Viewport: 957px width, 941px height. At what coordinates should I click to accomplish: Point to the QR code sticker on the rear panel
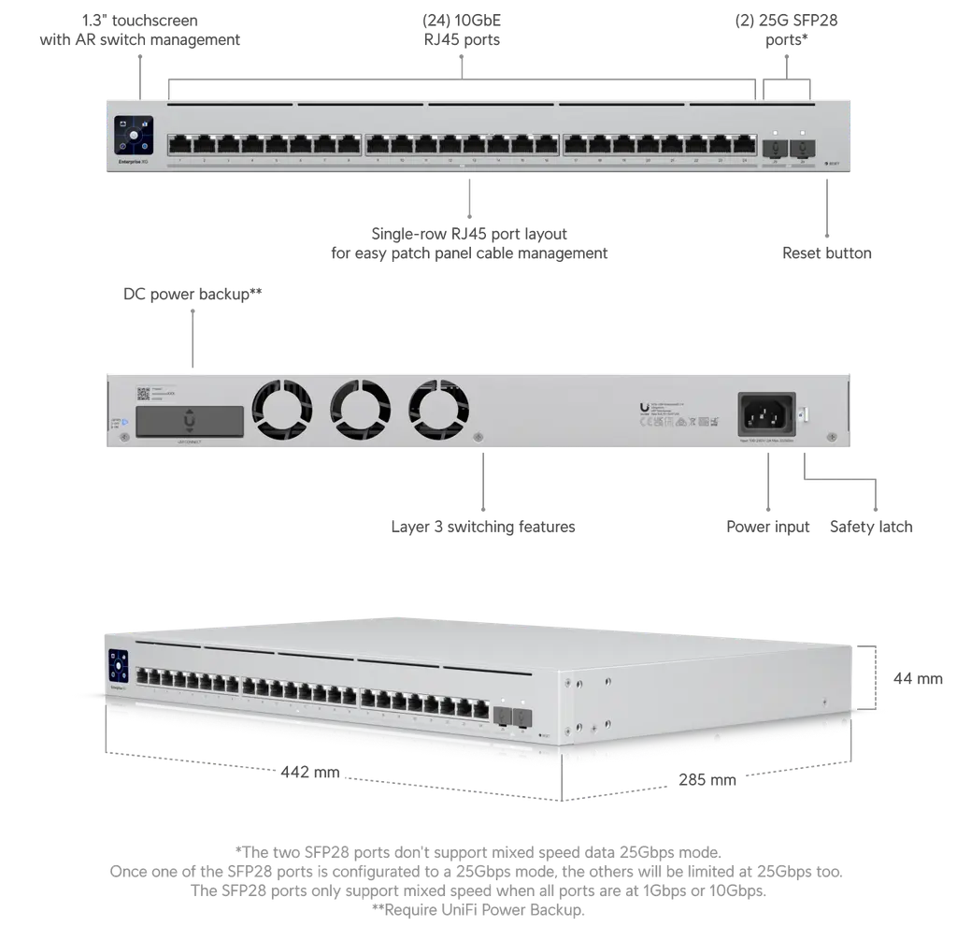(x=144, y=394)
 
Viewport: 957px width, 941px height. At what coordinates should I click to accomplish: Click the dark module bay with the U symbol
(x=190, y=421)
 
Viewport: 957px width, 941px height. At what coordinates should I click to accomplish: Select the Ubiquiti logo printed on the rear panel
(x=645, y=406)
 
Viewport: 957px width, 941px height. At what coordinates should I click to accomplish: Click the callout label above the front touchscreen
(x=142, y=30)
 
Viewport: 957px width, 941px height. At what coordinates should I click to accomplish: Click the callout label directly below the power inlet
(x=768, y=528)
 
